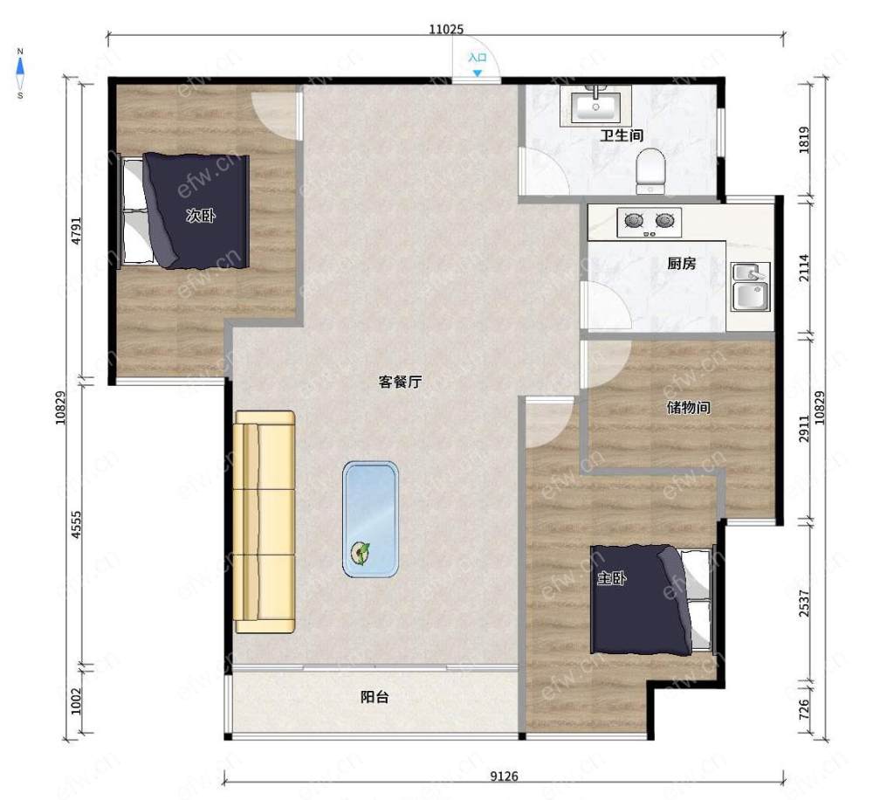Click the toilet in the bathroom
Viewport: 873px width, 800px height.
(x=651, y=170)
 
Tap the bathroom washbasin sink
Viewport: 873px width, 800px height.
(x=595, y=106)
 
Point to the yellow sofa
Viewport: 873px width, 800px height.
(x=265, y=522)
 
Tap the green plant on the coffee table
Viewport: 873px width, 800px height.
(x=361, y=553)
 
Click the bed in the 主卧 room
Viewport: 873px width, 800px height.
(x=651, y=599)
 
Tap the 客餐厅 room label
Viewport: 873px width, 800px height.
(x=400, y=383)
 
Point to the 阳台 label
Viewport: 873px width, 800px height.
(x=375, y=697)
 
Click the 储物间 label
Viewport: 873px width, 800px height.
(x=688, y=408)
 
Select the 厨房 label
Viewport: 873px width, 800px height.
(x=682, y=264)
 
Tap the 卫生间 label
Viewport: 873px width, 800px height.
(x=622, y=135)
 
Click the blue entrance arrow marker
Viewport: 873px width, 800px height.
(x=478, y=73)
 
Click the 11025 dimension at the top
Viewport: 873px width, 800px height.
(x=446, y=29)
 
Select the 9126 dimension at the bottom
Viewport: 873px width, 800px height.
(x=504, y=776)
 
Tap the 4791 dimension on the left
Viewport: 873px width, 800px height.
(x=77, y=230)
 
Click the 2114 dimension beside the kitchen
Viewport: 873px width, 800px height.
(x=804, y=267)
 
